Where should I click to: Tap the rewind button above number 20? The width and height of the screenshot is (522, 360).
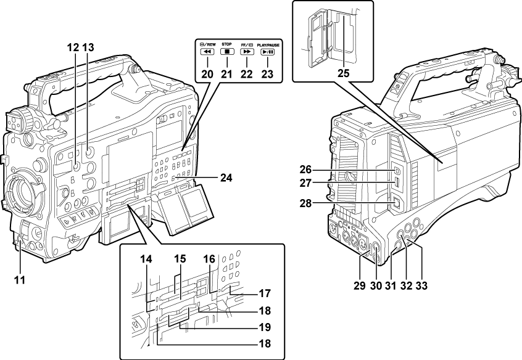207,53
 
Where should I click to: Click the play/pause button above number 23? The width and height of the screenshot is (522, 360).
268,53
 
